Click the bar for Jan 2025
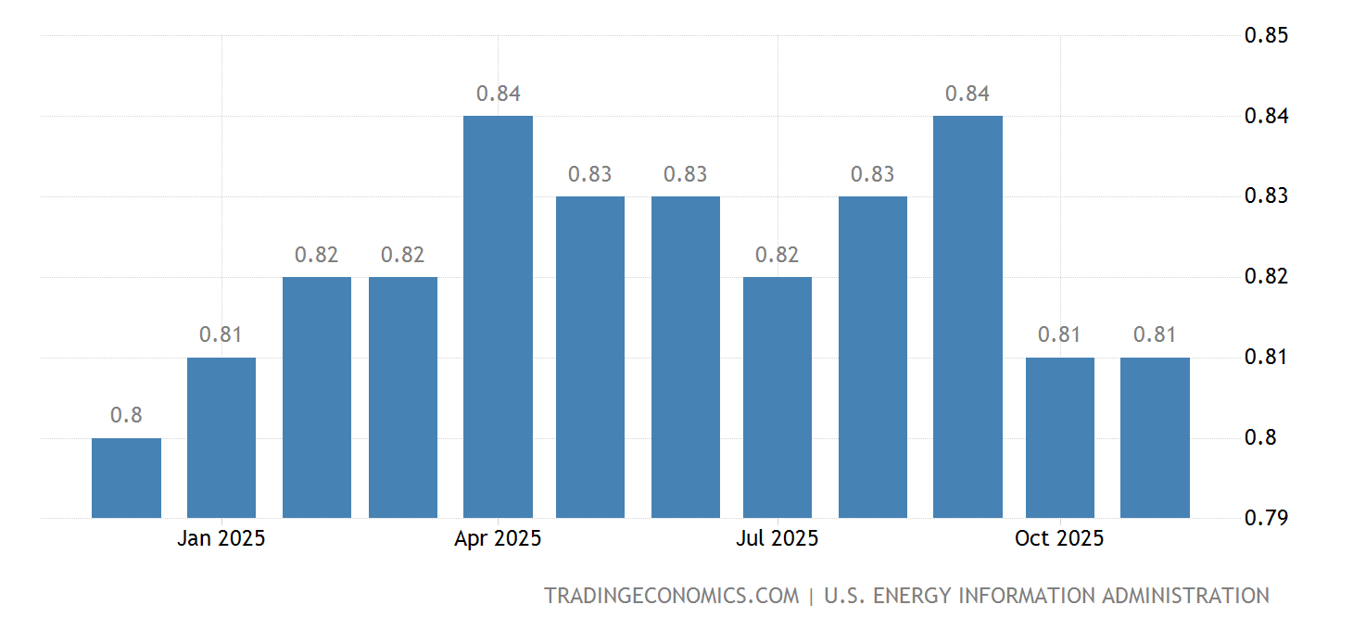(221, 437)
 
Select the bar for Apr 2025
(498, 317)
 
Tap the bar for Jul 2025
(778, 397)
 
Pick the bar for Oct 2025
(1059, 437)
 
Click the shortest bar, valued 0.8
(126, 478)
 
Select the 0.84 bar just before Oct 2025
(967, 317)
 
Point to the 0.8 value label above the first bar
(126, 415)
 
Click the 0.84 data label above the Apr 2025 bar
(498, 94)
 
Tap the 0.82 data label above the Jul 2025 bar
(778, 255)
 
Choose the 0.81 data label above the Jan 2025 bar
(221, 334)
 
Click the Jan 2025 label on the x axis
(221, 538)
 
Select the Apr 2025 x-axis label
(498, 538)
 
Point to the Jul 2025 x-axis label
(778, 538)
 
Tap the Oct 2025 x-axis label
(1059, 538)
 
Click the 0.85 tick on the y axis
(1266, 35)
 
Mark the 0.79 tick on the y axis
(1266, 517)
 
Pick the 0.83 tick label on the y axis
(1266, 196)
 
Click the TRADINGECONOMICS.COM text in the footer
(671, 596)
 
